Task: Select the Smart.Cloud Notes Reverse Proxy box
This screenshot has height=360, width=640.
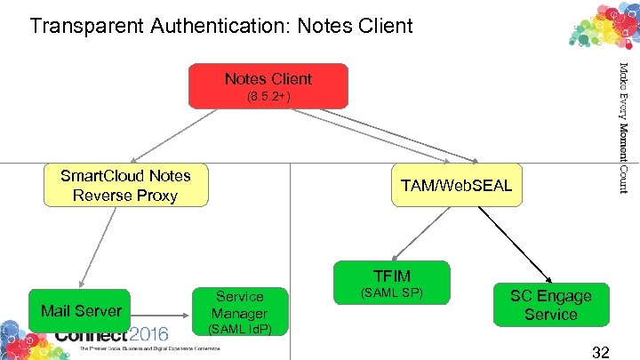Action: coord(125,185)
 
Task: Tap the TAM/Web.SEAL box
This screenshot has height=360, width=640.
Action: coord(456,187)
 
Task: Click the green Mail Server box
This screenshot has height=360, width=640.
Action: coord(80,311)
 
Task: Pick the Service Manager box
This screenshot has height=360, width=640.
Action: coord(239,305)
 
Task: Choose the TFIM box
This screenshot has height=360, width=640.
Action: coord(392,276)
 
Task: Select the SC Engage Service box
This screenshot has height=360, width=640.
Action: coord(550,305)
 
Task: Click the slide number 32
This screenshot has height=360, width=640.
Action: coord(600,352)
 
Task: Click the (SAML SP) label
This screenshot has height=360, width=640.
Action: coord(392,292)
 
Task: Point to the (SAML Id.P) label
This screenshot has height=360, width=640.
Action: coord(239,330)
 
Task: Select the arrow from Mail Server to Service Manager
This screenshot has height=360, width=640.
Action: coord(161,312)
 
